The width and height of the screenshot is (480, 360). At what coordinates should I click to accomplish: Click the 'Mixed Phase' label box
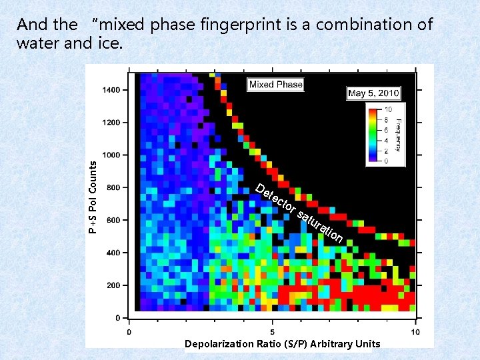[275, 85]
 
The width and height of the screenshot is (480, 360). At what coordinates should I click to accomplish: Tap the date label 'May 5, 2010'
[373, 93]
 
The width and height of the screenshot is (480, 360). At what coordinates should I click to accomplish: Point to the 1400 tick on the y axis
[111, 90]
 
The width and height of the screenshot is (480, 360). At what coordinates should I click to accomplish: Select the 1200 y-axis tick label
[111, 123]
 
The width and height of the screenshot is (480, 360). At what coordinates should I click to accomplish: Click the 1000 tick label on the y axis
[111, 155]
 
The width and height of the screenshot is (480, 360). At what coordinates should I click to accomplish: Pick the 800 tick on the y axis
[113, 188]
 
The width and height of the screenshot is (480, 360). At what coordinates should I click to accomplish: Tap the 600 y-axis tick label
[113, 221]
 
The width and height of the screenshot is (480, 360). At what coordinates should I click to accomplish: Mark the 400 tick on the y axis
[113, 253]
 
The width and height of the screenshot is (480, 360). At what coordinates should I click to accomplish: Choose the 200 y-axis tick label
[113, 285]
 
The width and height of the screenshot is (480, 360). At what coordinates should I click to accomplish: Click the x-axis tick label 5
[272, 332]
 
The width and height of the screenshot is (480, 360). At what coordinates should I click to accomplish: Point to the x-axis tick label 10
[414, 332]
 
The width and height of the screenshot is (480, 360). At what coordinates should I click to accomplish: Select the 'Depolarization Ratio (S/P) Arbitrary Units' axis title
[282, 344]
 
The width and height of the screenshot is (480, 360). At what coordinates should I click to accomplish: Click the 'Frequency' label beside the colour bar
[399, 135]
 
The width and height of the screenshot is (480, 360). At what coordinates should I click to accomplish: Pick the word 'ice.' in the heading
[110, 44]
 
